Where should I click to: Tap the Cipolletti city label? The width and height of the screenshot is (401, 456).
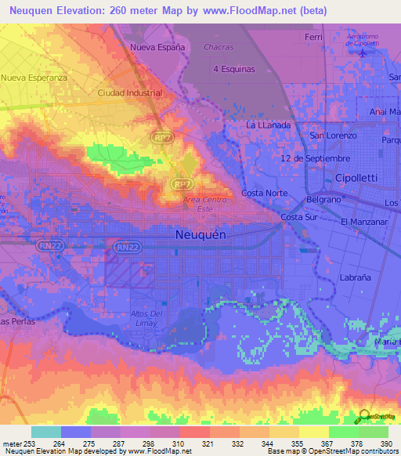tap(356, 178)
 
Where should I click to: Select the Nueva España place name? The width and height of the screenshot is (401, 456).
tap(157, 47)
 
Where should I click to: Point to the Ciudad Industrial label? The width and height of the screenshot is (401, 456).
tap(130, 92)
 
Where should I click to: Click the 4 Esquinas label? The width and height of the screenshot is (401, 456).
tap(234, 69)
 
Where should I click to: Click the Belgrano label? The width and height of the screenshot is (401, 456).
tap(323, 200)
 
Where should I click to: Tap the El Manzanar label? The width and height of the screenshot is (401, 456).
tap(365, 223)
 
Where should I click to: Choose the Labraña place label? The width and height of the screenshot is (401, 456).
tap(356, 277)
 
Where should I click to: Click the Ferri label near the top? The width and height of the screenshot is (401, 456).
tap(313, 37)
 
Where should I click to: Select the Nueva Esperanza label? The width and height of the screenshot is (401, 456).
tap(35, 78)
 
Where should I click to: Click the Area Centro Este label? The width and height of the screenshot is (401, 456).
tap(204, 204)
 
